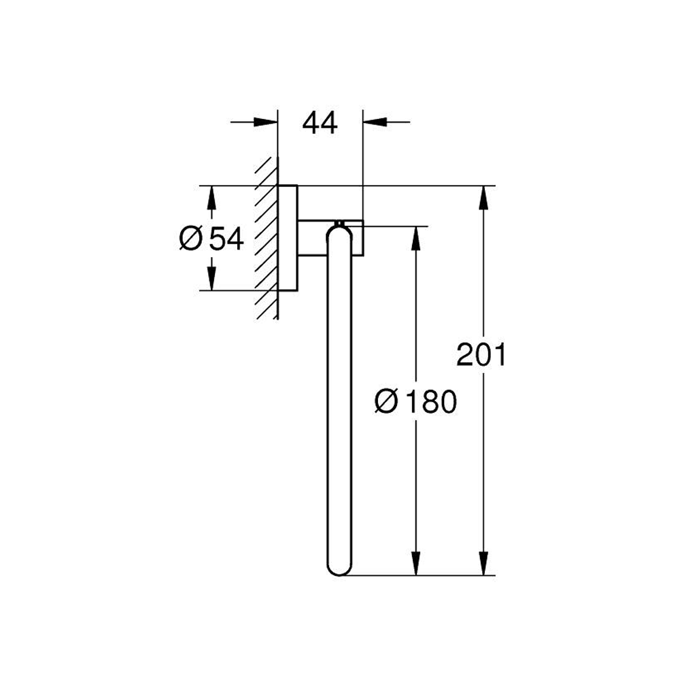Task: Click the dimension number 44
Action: pyautogui.click(x=320, y=122)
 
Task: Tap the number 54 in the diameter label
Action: pyautogui.click(x=226, y=239)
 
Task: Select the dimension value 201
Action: pyautogui.click(x=481, y=354)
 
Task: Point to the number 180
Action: pyautogui.click(x=430, y=401)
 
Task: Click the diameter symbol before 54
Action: pyautogui.click(x=191, y=239)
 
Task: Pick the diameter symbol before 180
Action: pyautogui.click(x=386, y=401)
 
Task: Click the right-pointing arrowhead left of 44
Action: pyautogui.click(x=265, y=122)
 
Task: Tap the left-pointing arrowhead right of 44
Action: pyautogui.click(x=375, y=122)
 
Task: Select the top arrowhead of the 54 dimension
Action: pyautogui.click(x=211, y=198)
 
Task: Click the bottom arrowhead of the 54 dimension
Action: pyautogui.click(x=211, y=278)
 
